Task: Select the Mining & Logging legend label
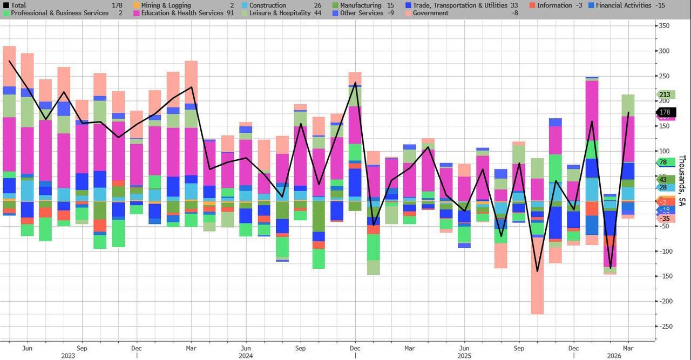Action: pos(166,5)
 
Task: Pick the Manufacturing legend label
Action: pos(360,5)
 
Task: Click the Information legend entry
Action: pos(554,5)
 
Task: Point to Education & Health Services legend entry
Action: pos(182,13)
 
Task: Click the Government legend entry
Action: pos(430,13)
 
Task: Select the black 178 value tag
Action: pos(666,112)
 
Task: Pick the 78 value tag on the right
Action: pos(663,162)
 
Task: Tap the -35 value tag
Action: pos(665,219)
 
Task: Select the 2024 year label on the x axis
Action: pos(246,356)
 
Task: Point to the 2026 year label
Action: pos(614,356)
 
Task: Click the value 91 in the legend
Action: pos(231,13)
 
